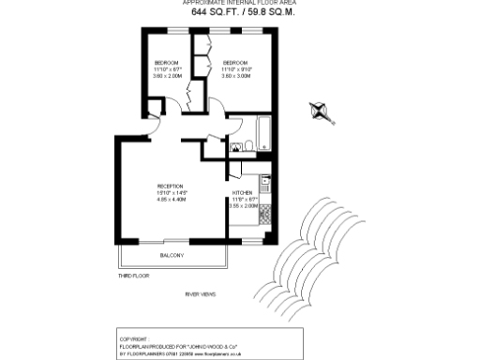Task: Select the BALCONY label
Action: point(171,256)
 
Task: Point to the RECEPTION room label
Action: point(171,186)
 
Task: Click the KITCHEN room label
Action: point(243,192)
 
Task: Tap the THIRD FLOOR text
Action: point(133,277)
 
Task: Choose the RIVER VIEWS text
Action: point(201,295)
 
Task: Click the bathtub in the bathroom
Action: point(262,133)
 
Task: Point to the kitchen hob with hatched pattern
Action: point(266,214)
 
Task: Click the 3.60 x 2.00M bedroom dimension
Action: point(167,76)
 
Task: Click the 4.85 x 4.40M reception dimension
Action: point(172,200)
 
